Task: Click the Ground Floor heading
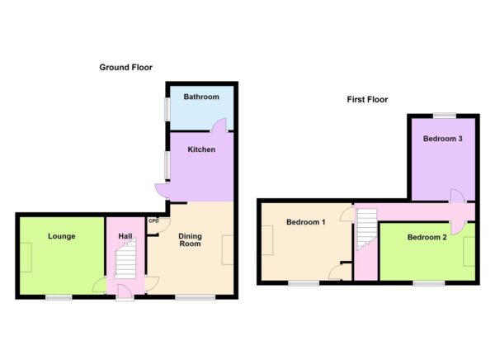[x=125, y=68]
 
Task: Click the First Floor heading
[x=367, y=100]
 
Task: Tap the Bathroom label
[x=201, y=97]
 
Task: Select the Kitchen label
[x=201, y=150]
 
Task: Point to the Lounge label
[x=61, y=237]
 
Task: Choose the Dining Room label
[x=191, y=240]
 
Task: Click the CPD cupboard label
[x=153, y=220]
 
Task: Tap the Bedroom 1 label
[x=305, y=222]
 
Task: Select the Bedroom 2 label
[x=427, y=238]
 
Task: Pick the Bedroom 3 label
[x=442, y=139]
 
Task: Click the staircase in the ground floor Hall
[x=125, y=263]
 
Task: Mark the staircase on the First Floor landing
[x=365, y=231]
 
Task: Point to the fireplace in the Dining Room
[x=227, y=249]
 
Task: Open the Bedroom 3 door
[x=457, y=196]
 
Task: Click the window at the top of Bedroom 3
[x=446, y=114]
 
